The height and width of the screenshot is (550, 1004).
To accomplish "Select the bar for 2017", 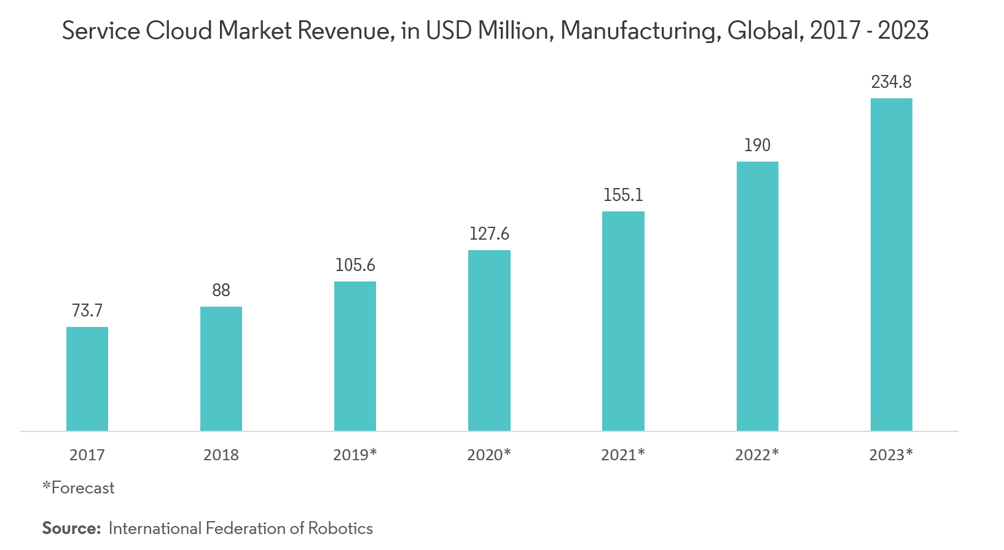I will [87, 379].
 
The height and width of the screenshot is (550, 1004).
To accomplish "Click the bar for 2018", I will [221, 369].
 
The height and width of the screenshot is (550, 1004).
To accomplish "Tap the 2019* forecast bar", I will [355, 356].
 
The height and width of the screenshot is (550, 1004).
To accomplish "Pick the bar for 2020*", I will [489, 340].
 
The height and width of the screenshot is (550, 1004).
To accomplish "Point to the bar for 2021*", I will [623, 321].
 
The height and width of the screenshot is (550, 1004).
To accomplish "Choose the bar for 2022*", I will [757, 296].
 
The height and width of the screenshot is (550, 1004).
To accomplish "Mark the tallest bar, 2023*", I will [891, 264].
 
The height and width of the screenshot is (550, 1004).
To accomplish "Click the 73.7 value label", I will [87, 311].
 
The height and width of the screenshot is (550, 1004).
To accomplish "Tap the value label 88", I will [221, 290].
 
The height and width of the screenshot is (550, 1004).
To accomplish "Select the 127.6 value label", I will [489, 234].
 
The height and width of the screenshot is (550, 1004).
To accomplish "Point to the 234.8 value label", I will [891, 82].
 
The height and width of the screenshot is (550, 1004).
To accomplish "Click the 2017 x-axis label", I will [87, 455].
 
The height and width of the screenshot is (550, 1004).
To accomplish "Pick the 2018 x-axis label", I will [221, 455].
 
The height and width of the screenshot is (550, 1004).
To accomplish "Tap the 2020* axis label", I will [489, 455].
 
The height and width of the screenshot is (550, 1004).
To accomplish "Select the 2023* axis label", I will [891, 455].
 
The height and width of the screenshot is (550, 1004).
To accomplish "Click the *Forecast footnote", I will [79, 488].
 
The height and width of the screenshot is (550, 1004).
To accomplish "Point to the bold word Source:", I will [71, 528].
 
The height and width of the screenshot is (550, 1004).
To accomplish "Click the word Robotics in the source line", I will [340, 528].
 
